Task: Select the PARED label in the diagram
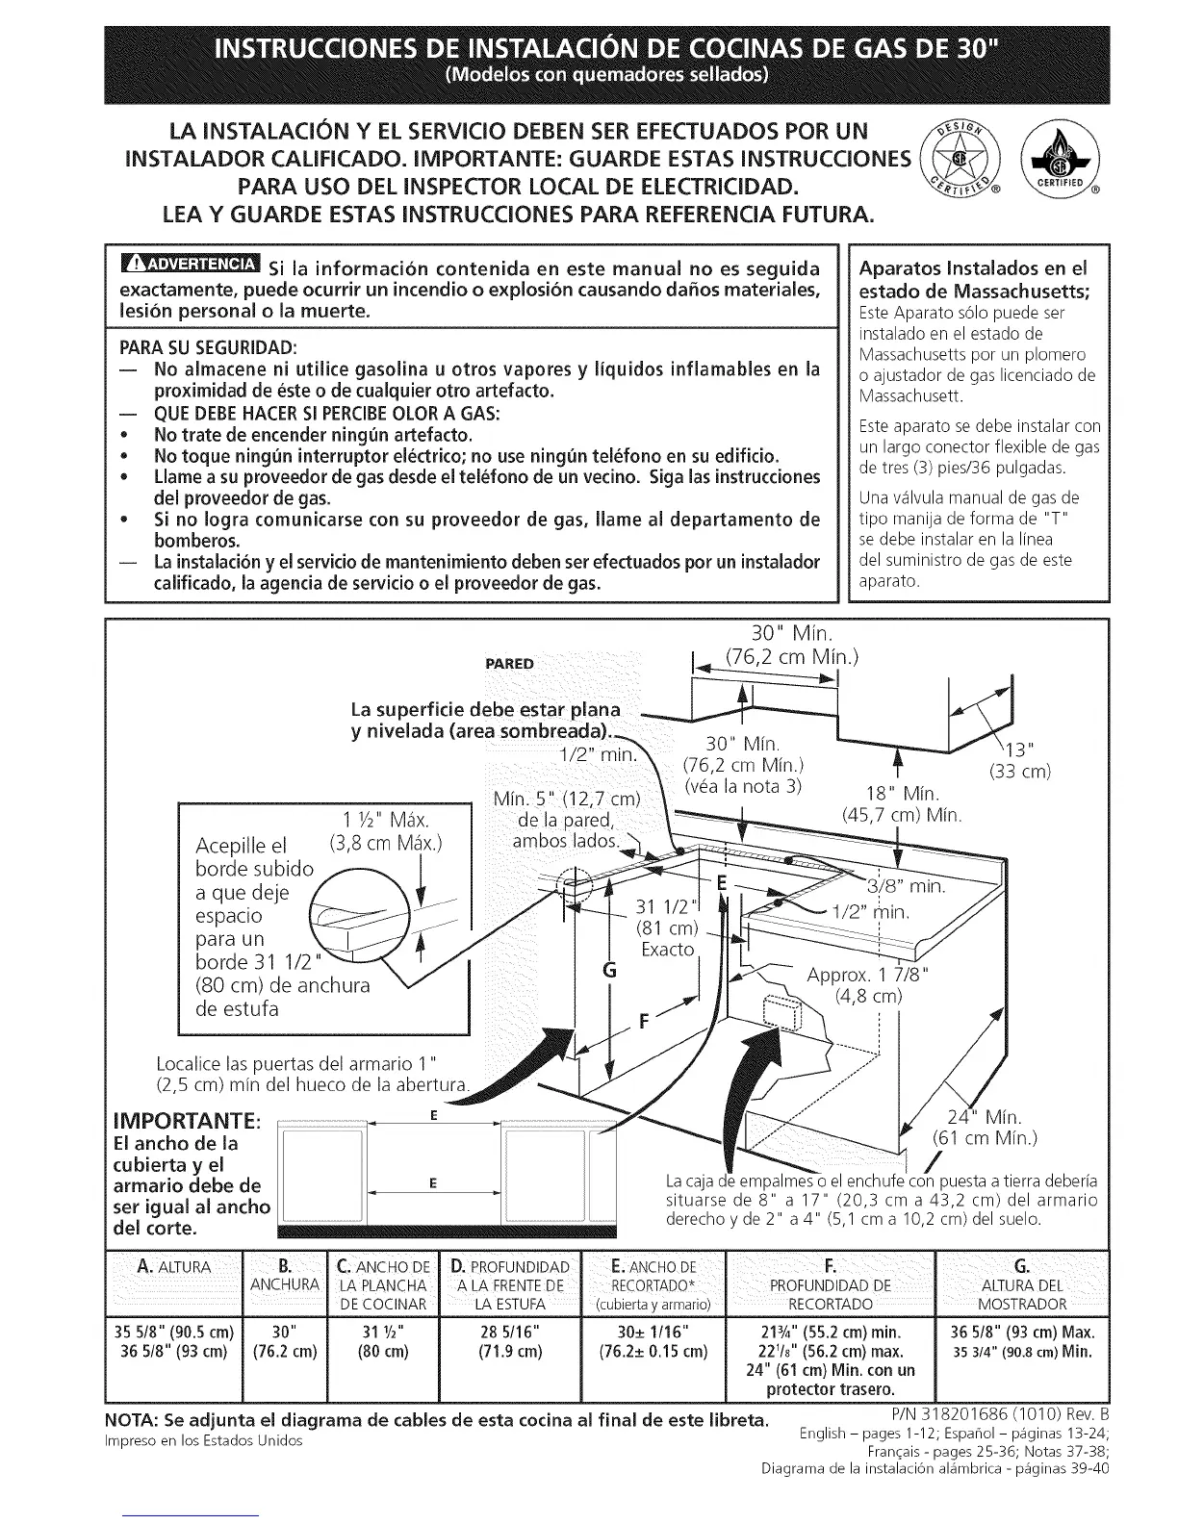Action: tap(510, 663)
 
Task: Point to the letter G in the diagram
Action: tap(608, 971)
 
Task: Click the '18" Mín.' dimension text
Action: tap(903, 795)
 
